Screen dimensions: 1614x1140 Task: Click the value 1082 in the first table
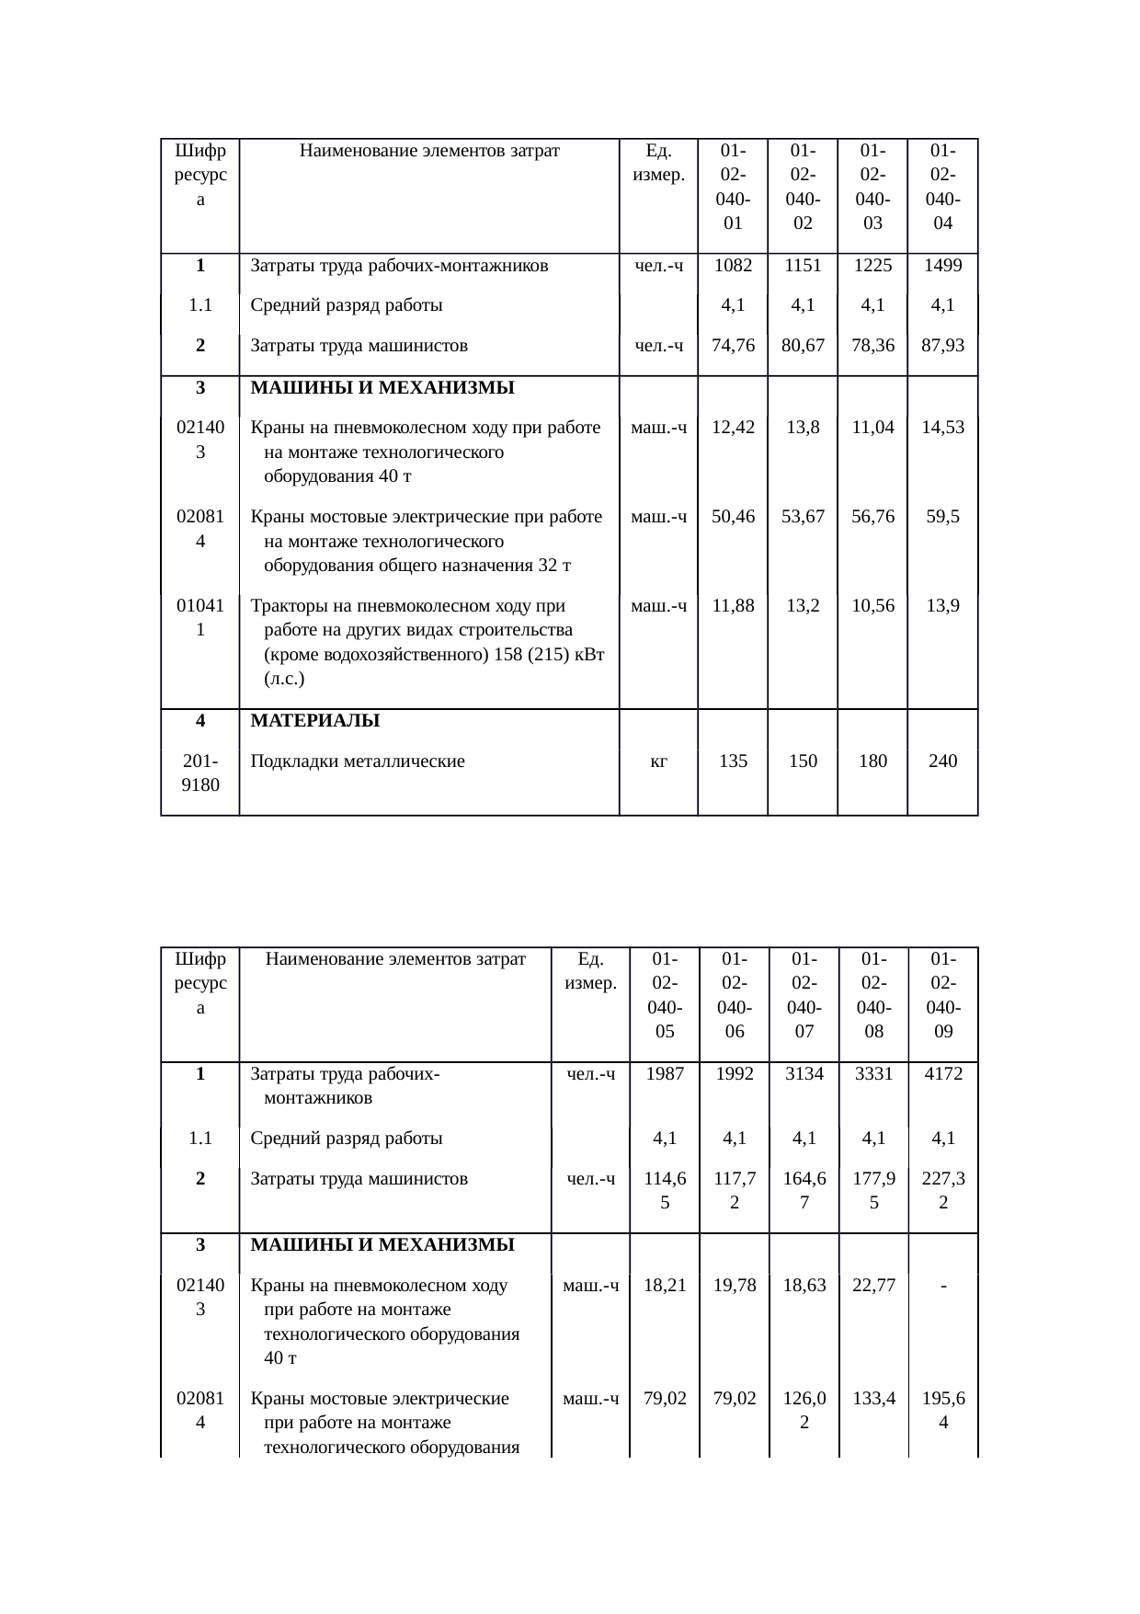(x=733, y=266)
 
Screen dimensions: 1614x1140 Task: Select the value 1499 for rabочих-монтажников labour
(x=942, y=266)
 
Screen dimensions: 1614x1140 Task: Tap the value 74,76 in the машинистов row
(x=733, y=346)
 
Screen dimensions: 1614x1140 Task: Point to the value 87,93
(x=942, y=346)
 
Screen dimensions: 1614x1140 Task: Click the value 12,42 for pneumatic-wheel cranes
(x=733, y=428)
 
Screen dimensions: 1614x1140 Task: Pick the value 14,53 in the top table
(x=942, y=428)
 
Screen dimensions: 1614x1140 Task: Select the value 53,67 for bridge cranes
(x=803, y=517)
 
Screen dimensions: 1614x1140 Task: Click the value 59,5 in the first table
(x=942, y=517)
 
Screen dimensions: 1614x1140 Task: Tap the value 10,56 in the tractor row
(x=872, y=606)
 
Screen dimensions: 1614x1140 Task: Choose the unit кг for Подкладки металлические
(x=658, y=761)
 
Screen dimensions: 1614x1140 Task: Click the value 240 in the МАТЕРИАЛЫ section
(x=942, y=761)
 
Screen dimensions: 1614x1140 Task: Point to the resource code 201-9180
(x=199, y=773)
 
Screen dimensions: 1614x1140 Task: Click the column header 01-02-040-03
(x=872, y=187)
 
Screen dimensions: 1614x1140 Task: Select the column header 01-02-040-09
(x=942, y=995)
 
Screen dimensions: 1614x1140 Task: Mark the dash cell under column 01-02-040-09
(x=943, y=1286)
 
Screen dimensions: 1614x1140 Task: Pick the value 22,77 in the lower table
(x=872, y=1286)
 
